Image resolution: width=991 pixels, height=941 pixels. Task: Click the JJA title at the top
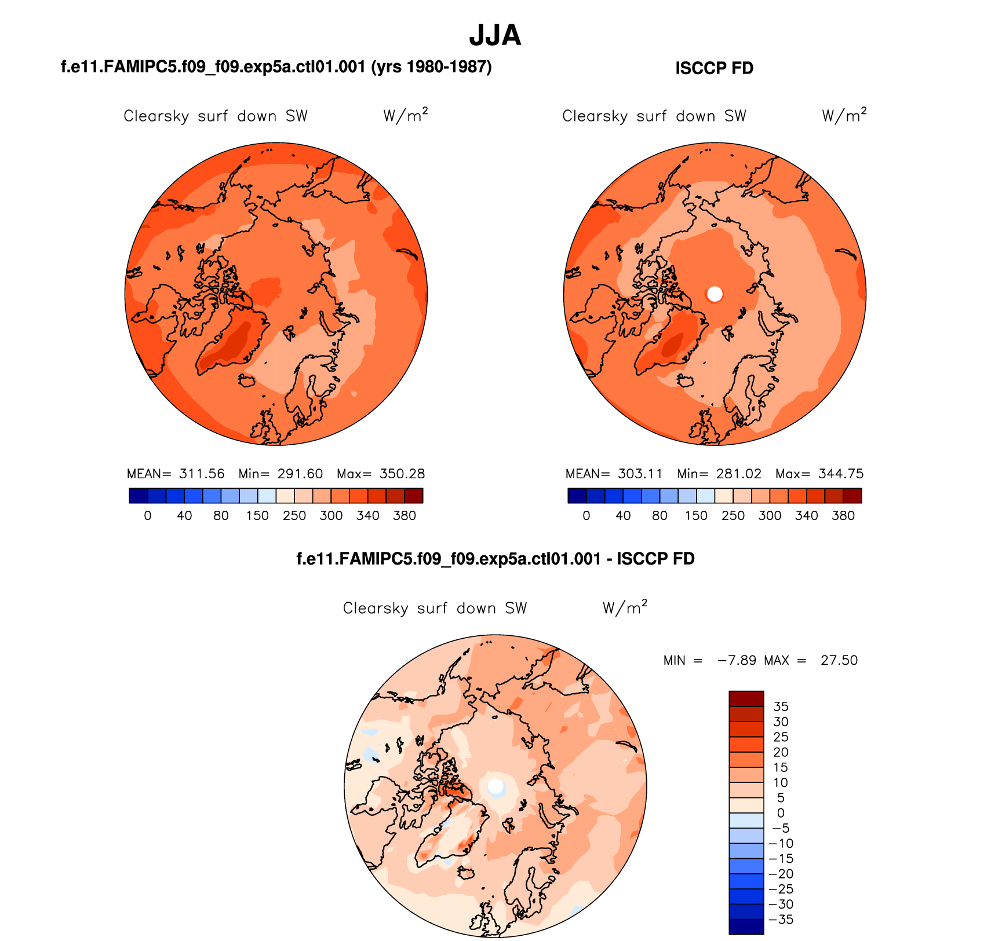click(x=495, y=35)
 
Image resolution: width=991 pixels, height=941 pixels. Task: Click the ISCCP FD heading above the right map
click(x=714, y=68)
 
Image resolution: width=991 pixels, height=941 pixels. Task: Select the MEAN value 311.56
click(x=202, y=474)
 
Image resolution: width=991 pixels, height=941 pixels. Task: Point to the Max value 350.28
click(x=402, y=474)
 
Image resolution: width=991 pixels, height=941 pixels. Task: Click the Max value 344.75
click(x=841, y=474)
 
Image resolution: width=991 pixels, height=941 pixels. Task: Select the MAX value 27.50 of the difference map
click(x=839, y=660)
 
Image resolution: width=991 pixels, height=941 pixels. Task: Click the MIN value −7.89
click(x=737, y=660)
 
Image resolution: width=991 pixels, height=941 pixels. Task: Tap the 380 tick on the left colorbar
click(x=405, y=515)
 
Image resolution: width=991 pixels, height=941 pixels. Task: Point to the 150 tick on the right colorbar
click(x=696, y=515)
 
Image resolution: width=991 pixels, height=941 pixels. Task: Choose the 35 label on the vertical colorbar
click(x=781, y=706)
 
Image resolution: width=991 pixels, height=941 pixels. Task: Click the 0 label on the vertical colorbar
click(x=781, y=813)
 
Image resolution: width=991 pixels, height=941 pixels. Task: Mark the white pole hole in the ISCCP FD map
click(x=715, y=294)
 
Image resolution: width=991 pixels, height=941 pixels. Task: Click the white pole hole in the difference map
click(x=495, y=786)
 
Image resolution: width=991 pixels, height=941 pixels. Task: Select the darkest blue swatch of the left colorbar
click(x=139, y=496)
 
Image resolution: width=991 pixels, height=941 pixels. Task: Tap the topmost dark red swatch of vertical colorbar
click(x=746, y=698)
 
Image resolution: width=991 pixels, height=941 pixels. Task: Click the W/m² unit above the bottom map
click(x=625, y=607)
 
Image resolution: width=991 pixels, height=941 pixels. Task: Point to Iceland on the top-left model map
click(x=247, y=380)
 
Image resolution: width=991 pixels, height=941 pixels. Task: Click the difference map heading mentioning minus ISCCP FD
click(x=495, y=559)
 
